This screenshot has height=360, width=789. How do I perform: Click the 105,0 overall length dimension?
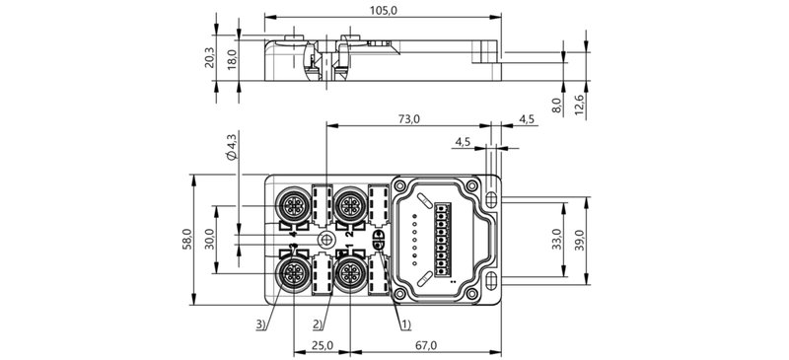[x=383, y=11]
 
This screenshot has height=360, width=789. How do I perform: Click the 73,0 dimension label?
[x=408, y=118]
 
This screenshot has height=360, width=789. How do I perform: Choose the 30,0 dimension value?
[x=209, y=241]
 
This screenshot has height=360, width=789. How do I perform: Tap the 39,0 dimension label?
[x=582, y=239]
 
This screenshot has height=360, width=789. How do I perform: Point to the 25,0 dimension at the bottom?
[x=323, y=345]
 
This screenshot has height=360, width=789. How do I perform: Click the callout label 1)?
[x=405, y=323]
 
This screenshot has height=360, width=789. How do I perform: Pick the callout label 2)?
[x=319, y=323]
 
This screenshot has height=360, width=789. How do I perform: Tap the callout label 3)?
[x=259, y=323]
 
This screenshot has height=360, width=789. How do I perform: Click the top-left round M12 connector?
[x=292, y=205]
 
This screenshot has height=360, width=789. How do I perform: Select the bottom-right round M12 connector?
[x=348, y=273]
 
